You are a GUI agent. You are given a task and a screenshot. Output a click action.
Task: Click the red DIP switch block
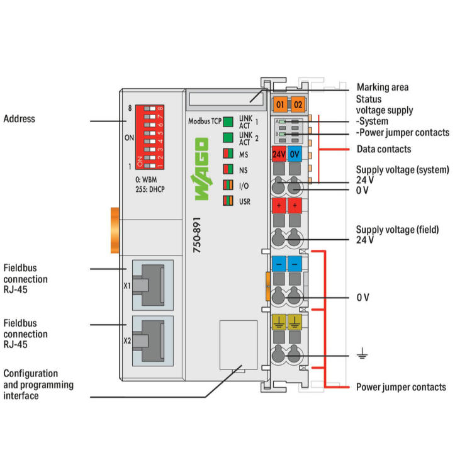149,137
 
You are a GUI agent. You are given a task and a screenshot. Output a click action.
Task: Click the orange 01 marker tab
280,104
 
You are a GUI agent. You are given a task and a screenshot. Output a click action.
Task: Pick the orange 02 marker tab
297,104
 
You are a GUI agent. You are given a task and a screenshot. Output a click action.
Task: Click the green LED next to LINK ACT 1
228,121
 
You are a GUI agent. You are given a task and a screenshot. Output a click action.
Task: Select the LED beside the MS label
228,154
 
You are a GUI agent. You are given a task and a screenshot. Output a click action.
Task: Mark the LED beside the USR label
228,201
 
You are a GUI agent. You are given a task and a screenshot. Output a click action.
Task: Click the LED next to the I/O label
228,186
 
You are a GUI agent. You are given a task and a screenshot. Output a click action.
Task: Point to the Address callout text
20,119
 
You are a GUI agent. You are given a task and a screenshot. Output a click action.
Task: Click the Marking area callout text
383,87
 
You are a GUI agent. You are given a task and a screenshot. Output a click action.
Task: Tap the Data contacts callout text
384,149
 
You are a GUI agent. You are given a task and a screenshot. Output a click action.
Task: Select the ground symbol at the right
362,356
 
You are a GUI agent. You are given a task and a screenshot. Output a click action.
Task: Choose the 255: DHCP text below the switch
149,189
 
